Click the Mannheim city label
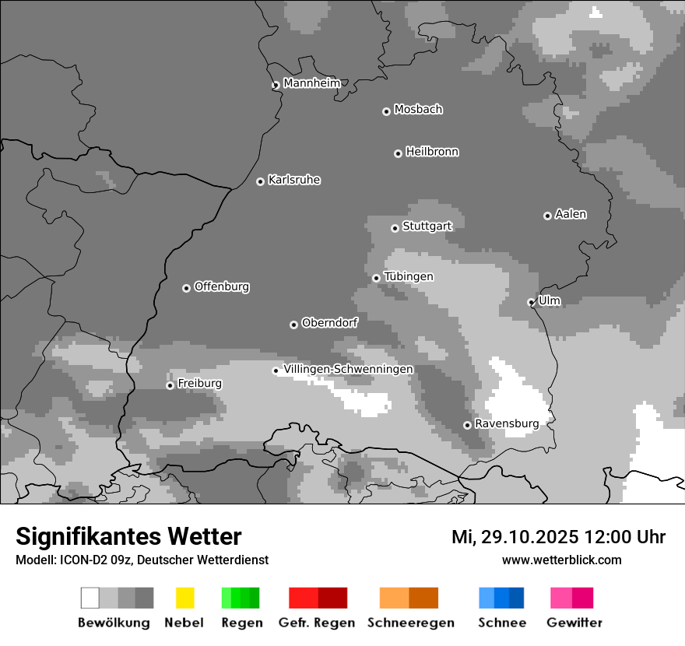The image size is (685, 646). [311, 83]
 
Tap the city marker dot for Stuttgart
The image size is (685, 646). [395, 228]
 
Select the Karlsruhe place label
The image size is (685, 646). [294, 180]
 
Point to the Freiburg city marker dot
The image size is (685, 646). [170, 385]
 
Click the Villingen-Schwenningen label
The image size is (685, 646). [348, 369]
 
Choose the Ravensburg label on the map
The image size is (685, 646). [507, 423]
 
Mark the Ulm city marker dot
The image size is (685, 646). [531, 302]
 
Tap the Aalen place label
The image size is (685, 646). [571, 214]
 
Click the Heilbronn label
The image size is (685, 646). [432, 152]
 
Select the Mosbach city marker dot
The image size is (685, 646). [386, 111]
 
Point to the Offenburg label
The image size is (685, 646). [222, 286]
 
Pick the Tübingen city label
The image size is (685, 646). [409, 276]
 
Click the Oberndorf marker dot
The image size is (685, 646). [293, 325]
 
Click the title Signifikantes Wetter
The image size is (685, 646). [128, 536]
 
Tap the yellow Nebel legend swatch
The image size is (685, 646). [184, 598]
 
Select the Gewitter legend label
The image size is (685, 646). [574, 623]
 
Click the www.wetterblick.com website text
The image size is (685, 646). [561, 560]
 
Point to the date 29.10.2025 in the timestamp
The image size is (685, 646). [527, 537]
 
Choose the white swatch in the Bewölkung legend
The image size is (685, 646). [90, 598]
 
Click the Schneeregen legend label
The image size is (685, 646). [410, 623]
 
